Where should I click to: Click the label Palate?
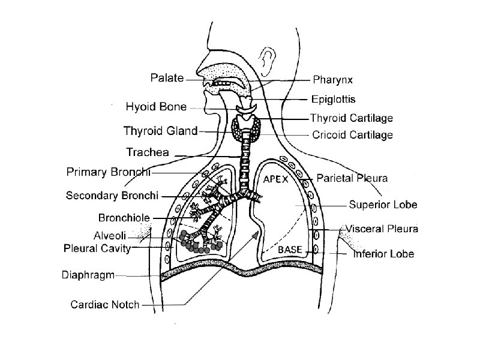pos(167,78)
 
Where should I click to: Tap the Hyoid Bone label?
pos(156,107)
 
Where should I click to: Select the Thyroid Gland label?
pos(160,130)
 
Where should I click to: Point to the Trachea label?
pos(148,152)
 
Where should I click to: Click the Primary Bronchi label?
pos(107,172)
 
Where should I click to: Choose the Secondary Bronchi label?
pos(112,195)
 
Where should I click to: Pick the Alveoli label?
pos(110,235)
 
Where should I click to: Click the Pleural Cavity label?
pos(97,248)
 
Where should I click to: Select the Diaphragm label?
pos(88,275)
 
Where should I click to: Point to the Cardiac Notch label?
pos(105,304)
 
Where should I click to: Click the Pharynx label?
pos(332,79)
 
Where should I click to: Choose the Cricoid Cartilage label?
pos(353,135)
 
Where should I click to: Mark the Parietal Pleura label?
pos(352,178)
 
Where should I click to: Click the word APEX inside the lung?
pos(276,179)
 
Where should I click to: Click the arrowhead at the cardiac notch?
pos(256,235)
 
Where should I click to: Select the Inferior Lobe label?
pos(383,254)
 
